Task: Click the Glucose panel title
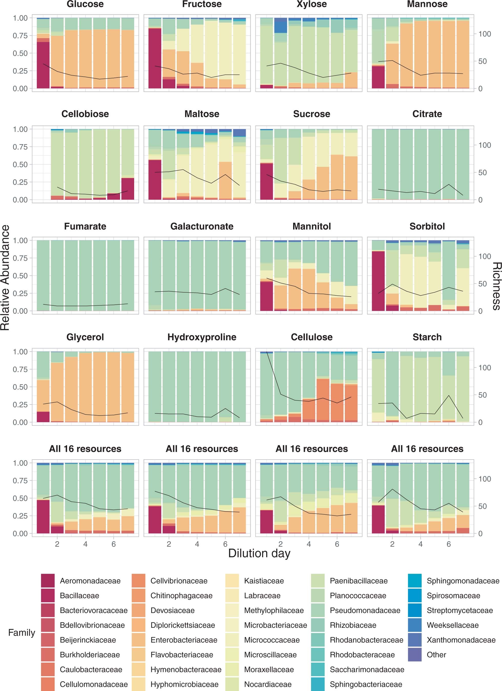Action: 85,4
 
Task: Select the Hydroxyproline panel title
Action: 202,337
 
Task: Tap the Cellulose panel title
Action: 311,337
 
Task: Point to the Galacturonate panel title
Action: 202,226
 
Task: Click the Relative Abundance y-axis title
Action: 5,277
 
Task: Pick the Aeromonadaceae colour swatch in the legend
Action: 48,581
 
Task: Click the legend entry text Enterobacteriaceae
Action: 184,640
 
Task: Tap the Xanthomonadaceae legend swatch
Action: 414,640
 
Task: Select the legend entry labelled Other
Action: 436,655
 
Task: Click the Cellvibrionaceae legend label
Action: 179,581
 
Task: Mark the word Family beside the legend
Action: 21,633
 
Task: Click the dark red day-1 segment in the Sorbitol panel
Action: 378,281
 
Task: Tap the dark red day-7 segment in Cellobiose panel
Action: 128,189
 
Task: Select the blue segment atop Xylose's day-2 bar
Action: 281,26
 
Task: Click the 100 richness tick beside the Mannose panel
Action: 484,34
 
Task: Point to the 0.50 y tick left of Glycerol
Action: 20,387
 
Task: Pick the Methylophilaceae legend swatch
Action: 232,610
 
